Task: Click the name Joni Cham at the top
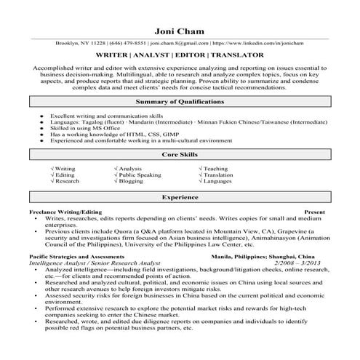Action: [180, 32]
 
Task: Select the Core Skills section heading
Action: [180, 155]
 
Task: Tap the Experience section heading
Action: [180, 197]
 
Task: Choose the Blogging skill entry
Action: [131, 182]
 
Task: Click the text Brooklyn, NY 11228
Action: [80, 44]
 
